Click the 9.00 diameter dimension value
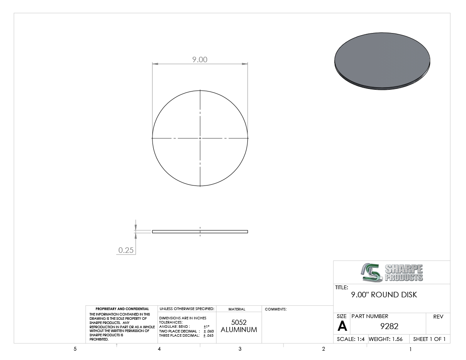tap(200, 59)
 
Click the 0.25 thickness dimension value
tap(126, 250)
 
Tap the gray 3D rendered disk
tap(382, 61)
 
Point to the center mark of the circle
tap(200, 138)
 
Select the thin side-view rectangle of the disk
tap(200, 232)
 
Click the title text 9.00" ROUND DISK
tap(384, 295)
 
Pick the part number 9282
tap(389, 326)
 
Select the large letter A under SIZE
tap(342, 326)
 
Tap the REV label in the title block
tap(438, 317)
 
